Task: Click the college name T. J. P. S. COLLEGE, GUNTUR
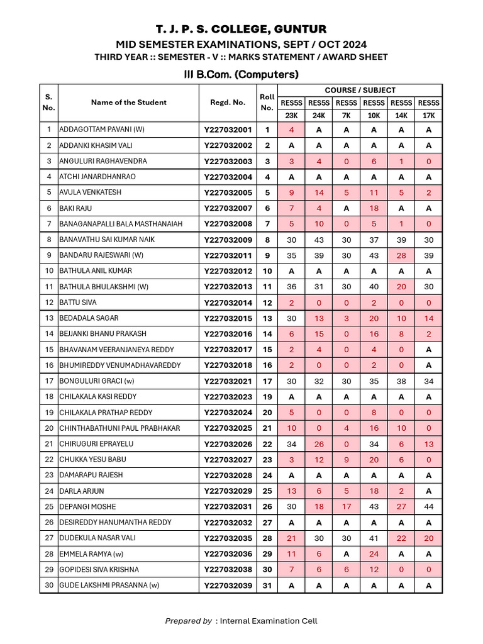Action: pos(241,30)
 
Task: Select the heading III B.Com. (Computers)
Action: pos(241,74)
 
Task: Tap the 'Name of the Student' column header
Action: pos(129,103)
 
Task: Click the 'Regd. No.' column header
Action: pos(228,103)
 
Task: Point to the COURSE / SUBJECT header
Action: pos(360,90)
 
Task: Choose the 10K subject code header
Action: pos(374,115)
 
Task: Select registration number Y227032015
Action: pos(228,318)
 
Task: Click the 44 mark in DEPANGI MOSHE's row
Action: pos(428,507)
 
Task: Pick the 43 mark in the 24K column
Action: pos(319,240)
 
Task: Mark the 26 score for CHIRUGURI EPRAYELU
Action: pos(319,444)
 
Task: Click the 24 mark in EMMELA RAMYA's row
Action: pos(374,554)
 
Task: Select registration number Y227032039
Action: pos(228,586)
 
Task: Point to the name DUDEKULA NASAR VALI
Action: pos(97,538)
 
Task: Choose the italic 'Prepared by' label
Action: pos(188,621)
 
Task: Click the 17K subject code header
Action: pos(428,115)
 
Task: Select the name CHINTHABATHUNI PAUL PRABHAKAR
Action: pos(119,428)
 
